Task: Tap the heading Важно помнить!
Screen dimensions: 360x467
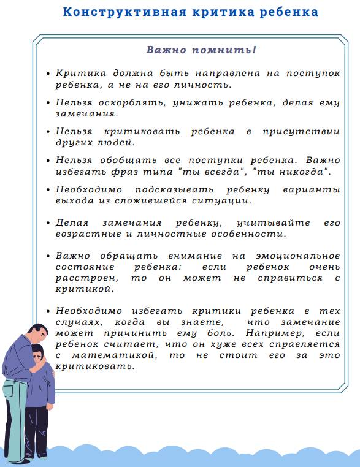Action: click(201, 50)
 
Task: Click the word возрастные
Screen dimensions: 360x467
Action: click(83, 233)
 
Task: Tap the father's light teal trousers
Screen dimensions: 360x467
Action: click(15, 417)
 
